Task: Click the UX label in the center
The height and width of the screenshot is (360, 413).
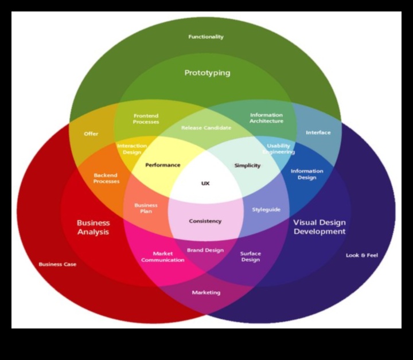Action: (205, 183)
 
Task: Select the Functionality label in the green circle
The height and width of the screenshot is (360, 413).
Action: (206, 37)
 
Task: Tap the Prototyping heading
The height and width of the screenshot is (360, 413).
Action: (207, 73)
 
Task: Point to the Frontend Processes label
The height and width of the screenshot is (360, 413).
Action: (146, 119)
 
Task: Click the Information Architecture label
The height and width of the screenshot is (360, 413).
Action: (266, 118)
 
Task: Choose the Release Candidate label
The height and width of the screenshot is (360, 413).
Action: (206, 128)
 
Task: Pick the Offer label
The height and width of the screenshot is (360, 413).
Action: (91, 134)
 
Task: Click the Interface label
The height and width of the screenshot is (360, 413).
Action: (318, 132)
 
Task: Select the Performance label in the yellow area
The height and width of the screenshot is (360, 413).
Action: (162, 165)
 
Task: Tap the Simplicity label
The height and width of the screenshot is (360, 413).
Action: (247, 165)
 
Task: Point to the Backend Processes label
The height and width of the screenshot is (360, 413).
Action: (106, 178)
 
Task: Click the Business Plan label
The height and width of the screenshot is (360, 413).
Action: (146, 208)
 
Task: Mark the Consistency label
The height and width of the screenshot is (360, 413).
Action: (205, 221)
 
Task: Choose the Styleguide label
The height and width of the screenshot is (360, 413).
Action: (266, 209)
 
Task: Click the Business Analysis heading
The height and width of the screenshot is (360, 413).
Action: (93, 227)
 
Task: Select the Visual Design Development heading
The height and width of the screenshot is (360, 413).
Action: (319, 227)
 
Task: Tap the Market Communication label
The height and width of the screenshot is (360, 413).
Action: (162, 257)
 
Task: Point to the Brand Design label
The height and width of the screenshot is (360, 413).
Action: (205, 250)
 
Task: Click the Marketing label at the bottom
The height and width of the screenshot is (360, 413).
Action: (206, 292)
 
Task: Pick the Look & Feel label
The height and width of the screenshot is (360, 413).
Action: (361, 255)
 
